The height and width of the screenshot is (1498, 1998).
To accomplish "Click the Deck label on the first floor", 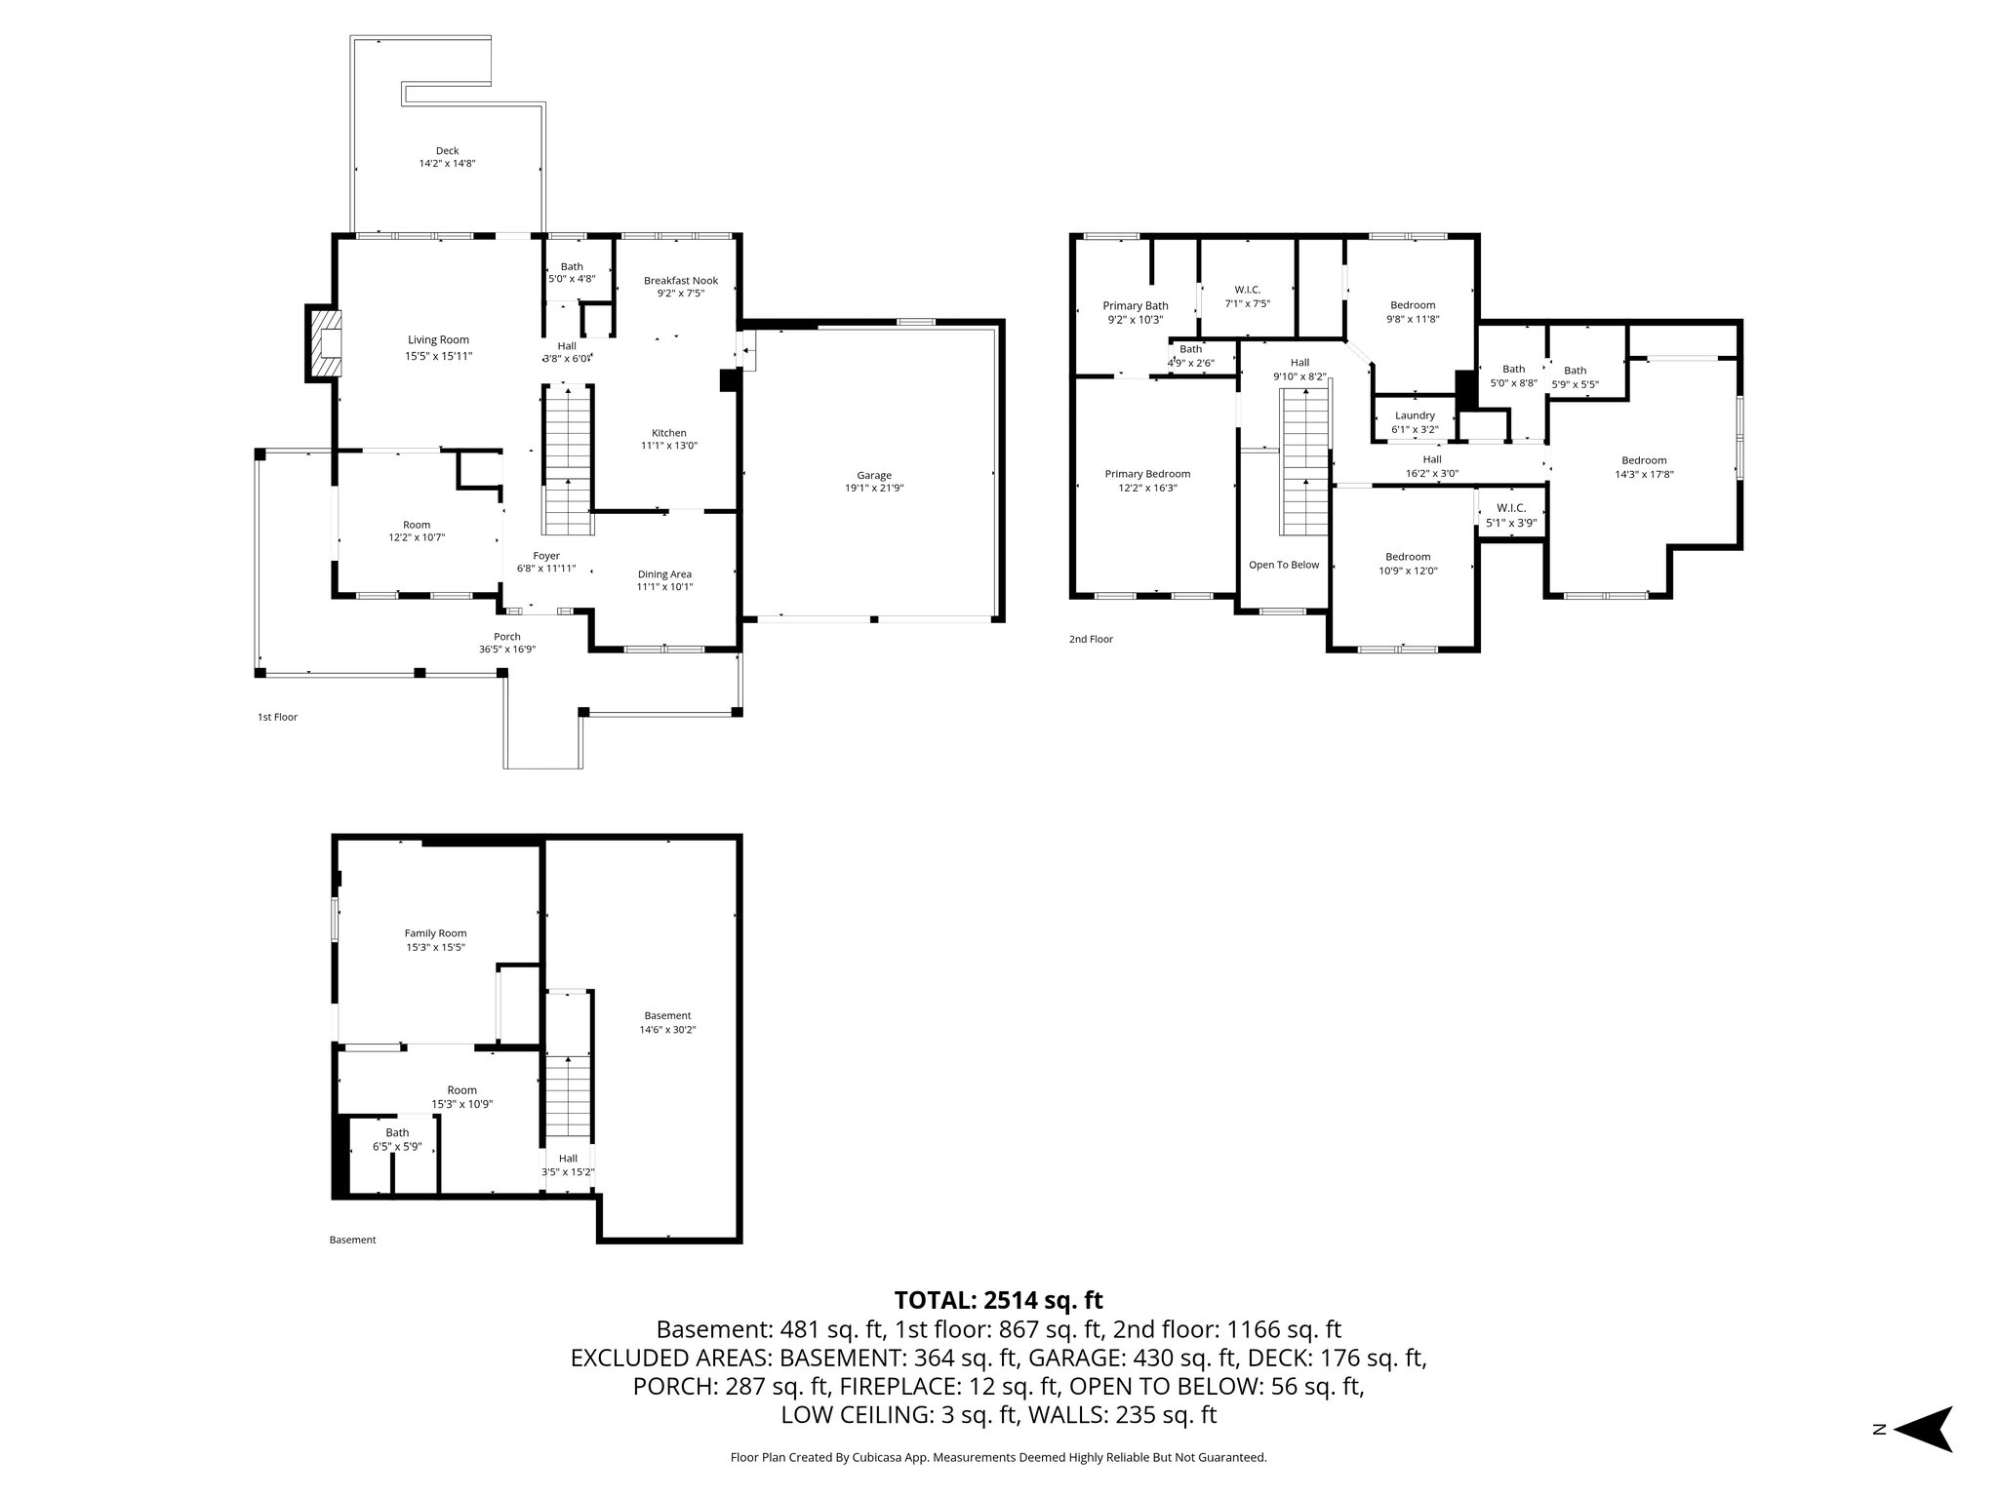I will click(447, 151).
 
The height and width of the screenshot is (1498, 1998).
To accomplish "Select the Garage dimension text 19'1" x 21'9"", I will click(874, 488).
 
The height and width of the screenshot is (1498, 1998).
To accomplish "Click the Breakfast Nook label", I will click(680, 281).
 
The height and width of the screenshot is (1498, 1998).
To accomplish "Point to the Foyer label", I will click(545, 556).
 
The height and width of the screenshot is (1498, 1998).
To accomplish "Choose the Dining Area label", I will click(664, 574).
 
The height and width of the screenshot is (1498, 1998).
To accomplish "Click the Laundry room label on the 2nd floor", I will click(1415, 415).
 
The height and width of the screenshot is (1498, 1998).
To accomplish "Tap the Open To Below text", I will click(1284, 565).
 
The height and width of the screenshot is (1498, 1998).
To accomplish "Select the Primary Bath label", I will click(1136, 306).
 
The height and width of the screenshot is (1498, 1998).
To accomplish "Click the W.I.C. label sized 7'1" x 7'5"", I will click(1247, 290).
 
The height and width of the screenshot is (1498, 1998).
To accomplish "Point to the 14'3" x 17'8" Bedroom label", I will click(1644, 460).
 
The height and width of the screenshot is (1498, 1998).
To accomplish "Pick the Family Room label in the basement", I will click(435, 933).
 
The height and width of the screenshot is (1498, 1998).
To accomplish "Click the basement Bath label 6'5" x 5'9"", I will click(397, 1133).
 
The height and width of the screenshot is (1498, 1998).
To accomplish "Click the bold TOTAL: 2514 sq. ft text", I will click(998, 1300).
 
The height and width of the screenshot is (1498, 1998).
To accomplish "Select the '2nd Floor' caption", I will click(1091, 640).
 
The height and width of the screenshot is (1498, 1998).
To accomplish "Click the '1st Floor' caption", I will click(277, 717).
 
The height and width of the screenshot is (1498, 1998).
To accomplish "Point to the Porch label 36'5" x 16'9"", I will click(506, 637).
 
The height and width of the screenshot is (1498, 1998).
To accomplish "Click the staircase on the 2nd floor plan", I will click(1305, 460).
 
